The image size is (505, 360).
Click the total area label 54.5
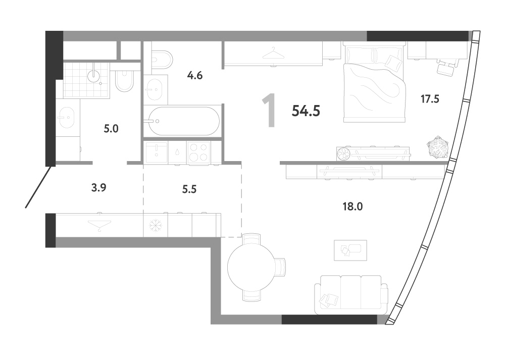click(x=306, y=111)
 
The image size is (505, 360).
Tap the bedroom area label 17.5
click(x=430, y=99)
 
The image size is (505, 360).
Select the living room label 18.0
click(x=352, y=206)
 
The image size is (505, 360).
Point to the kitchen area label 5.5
click(x=189, y=189)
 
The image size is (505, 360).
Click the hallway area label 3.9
click(x=98, y=187)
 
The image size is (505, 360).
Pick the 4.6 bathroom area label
click(x=195, y=76)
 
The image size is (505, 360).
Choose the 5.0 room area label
click(x=111, y=129)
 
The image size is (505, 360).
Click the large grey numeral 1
click(x=269, y=111)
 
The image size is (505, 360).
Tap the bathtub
click(x=182, y=121)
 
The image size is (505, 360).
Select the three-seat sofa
click(x=351, y=294)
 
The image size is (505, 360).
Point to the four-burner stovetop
click(x=198, y=152)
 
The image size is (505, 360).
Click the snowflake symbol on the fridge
click(x=155, y=225)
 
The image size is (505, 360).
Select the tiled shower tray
click(x=86, y=80)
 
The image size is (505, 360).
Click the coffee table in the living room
click(x=350, y=250)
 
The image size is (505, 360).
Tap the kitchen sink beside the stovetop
click(x=156, y=152)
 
